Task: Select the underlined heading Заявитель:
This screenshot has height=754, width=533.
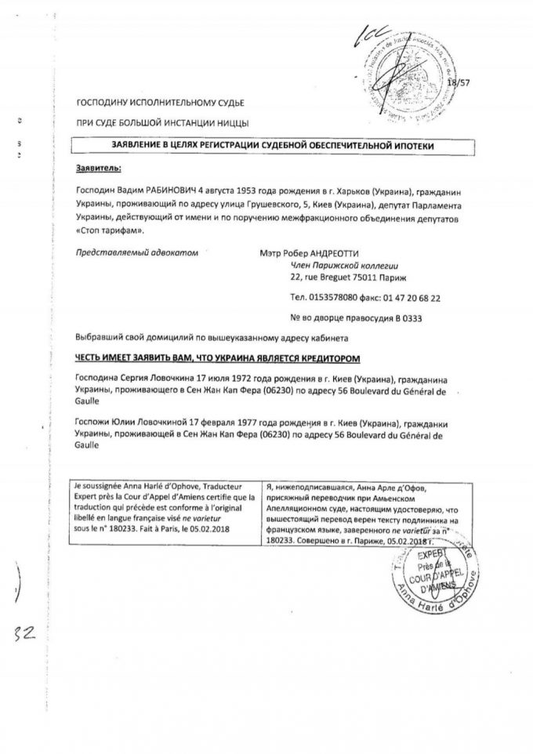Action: click(x=100, y=169)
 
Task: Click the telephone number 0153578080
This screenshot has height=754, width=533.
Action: click(x=338, y=299)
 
